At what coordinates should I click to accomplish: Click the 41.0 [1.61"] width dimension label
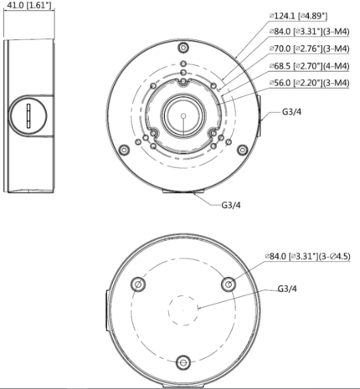[x=29, y=5]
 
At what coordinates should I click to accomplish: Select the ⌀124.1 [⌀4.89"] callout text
[x=298, y=16]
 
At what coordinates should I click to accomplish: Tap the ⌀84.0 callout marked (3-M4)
[x=309, y=32]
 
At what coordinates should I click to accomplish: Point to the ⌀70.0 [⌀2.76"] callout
[x=309, y=49]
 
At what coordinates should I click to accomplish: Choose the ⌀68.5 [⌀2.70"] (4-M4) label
[x=309, y=66]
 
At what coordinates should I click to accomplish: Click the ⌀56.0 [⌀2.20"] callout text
[x=309, y=83]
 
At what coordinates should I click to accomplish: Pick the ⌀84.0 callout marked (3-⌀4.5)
[x=307, y=256]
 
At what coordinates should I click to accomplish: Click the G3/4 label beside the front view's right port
[x=291, y=112]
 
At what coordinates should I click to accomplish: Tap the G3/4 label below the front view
[x=231, y=205]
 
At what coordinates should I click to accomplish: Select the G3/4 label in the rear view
[x=287, y=289]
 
